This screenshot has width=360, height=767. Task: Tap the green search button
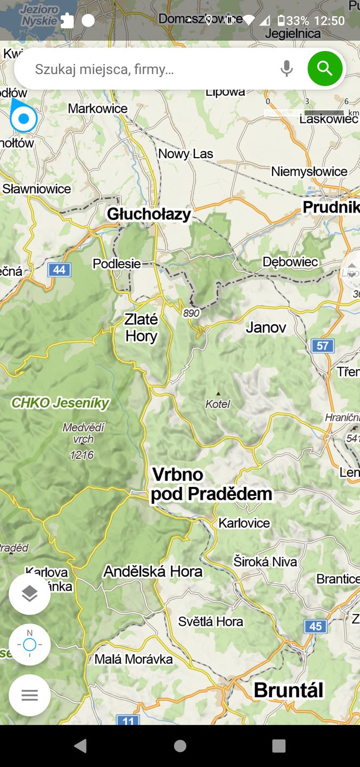click(x=324, y=69)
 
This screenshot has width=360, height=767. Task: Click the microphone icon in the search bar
click(x=287, y=69)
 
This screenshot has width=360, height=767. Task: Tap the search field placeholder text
click(x=104, y=69)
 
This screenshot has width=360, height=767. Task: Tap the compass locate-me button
click(x=29, y=644)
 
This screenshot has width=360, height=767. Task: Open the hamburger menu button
click(x=29, y=695)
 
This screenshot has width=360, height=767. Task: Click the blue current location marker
click(x=23, y=119)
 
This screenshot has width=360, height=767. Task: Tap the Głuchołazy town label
click(x=149, y=214)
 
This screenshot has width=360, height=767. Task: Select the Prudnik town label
click(x=331, y=207)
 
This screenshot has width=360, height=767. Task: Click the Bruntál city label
click(x=288, y=690)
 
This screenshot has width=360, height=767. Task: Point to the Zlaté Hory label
click(x=141, y=328)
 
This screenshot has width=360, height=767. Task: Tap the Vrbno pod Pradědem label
click(x=211, y=484)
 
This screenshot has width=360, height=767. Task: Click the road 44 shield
click(x=59, y=270)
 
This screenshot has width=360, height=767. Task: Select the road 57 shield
click(x=323, y=346)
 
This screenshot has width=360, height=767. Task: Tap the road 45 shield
click(x=315, y=626)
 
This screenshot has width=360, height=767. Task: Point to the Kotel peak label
click(x=218, y=404)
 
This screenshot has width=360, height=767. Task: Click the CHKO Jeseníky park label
click(x=60, y=403)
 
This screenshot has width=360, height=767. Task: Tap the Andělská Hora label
click(x=153, y=572)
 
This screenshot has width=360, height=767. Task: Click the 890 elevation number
click(x=191, y=313)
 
